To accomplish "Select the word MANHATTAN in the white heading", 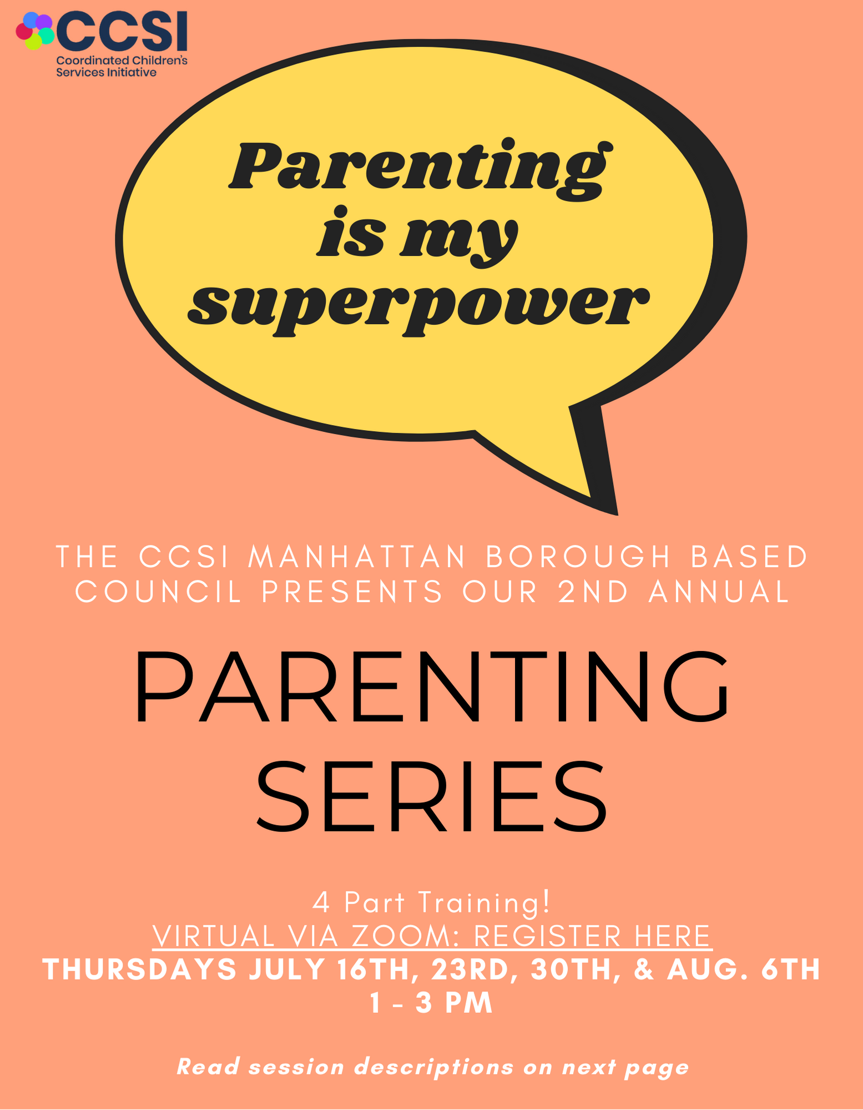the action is click(x=357, y=557).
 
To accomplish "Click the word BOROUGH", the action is click(x=579, y=557).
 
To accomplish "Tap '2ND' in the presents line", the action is click(x=593, y=592).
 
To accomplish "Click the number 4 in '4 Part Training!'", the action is click(x=321, y=902).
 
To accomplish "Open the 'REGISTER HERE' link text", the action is click(x=592, y=937).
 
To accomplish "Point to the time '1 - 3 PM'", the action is click(x=431, y=1003).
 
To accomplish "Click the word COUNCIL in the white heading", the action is click(x=159, y=592).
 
